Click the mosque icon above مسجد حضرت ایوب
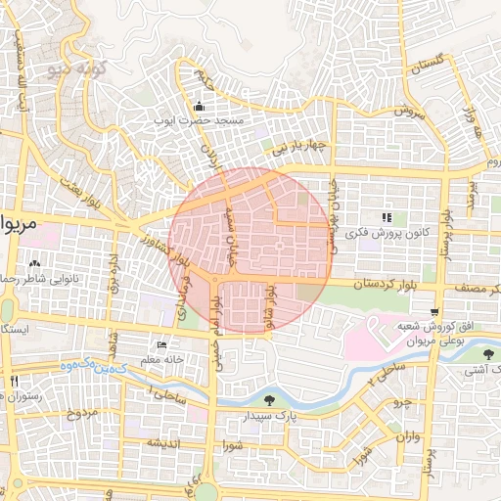click(200, 107)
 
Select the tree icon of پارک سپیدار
click(269, 399)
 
